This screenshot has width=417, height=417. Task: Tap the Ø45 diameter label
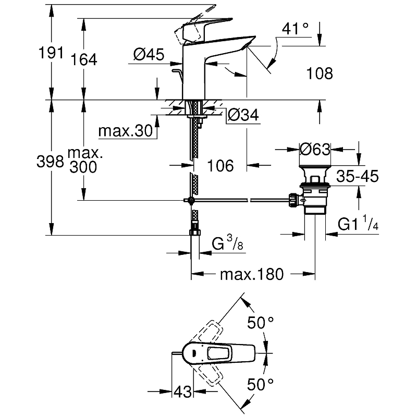pyautogui.click(x=149, y=54)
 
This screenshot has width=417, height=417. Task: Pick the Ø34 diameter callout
pyautogui.click(x=243, y=116)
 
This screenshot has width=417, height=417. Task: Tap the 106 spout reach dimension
pyautogui.click(x=219, y=166)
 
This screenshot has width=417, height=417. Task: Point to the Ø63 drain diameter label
pyautogui.click(x=315, y=150)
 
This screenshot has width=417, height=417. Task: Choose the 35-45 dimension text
pyautogui.click(x=357, y=176)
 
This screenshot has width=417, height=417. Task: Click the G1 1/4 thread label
pyautogui.click(x=358, y=225)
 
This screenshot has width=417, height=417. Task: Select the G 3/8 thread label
pyautogui.click(x=226, y=243)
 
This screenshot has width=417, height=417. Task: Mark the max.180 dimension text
pyautogui.click(x=251, y=274)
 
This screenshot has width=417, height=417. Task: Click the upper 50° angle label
pyautogui.click(x=261, y=323)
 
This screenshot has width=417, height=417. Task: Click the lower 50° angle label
pyautogui.click(x=261, y=385)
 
